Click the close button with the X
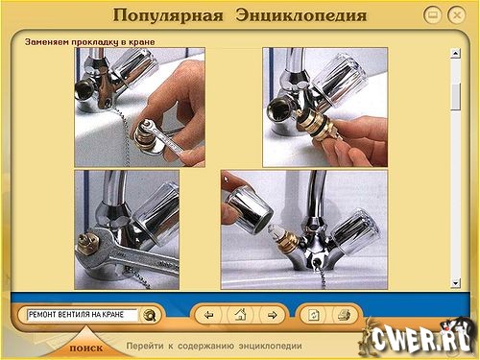(x=457, y=15)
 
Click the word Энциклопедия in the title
(x=301, y=15)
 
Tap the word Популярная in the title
(x=168, y=15)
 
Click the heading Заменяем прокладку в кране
(x=90, y=42)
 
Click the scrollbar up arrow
(x=455, y=53)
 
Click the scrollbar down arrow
(x=455, y=283)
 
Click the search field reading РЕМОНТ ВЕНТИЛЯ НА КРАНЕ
(x=83, y=315)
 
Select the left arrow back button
(x=208, y=315)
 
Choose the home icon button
(x=240, y=315)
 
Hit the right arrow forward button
(x=272, y=315)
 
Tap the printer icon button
(x=345, y=315)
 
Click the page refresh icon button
(x=313, y=315)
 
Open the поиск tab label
(x=86, y=348)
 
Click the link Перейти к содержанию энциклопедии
(x=214, y=346)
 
